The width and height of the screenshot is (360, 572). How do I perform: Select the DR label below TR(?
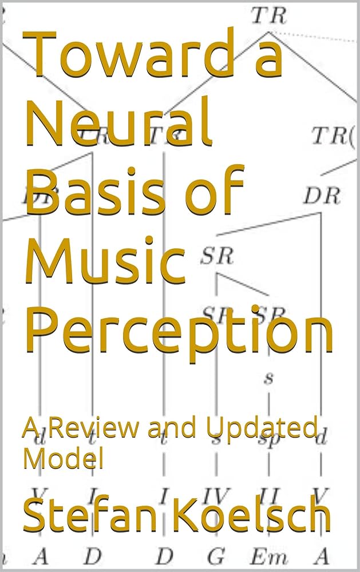point(322,196)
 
